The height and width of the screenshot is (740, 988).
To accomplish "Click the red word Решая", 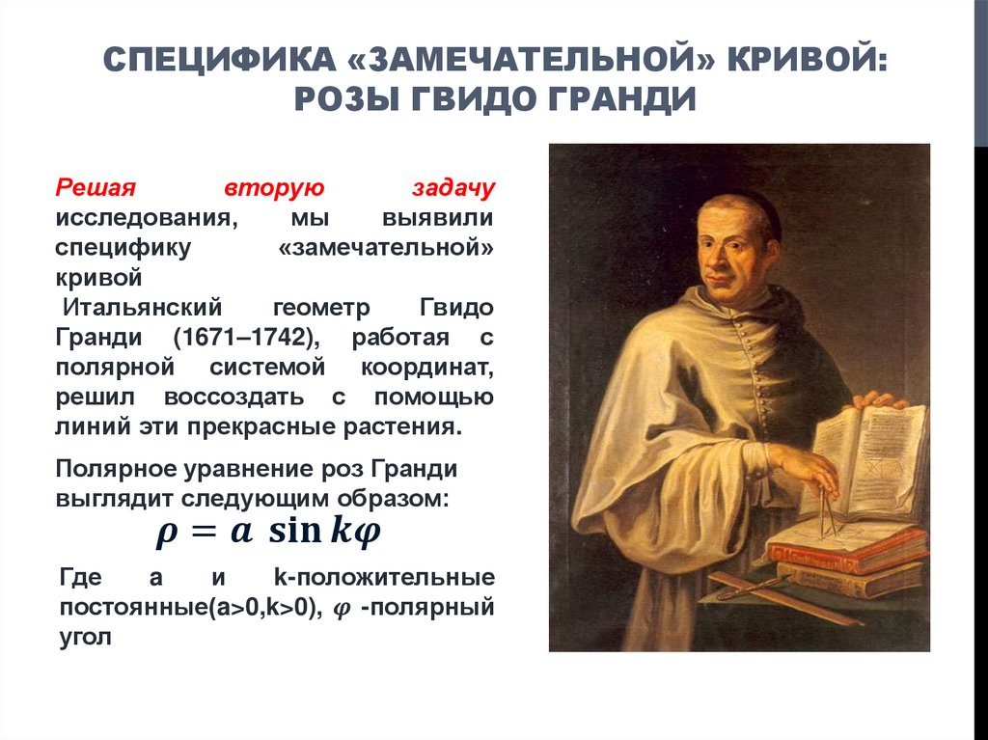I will click(x=96, y=185).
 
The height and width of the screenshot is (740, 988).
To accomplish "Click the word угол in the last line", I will click(x=86, y=637).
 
